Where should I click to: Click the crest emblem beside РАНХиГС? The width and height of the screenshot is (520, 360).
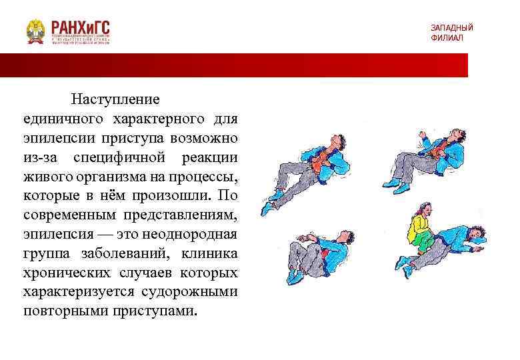[x=35, y=31]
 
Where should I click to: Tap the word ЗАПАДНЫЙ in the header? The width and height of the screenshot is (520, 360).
[x=451, y=27]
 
